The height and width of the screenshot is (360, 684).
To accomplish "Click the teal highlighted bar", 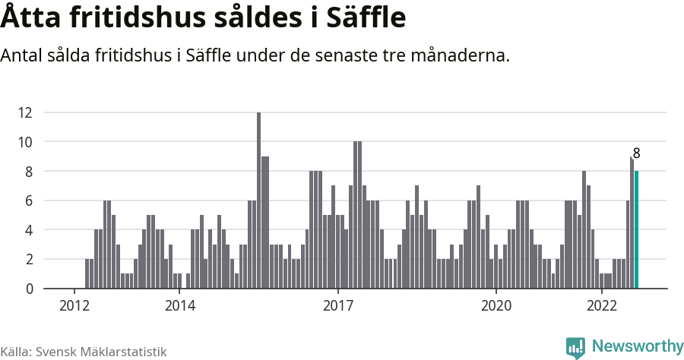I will (x=637, y=230).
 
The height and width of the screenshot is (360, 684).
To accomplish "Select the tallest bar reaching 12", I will (x=258, y=201).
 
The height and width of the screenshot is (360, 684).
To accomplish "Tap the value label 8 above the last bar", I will (x=636, y=153).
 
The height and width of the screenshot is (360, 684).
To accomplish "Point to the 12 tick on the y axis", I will (x=25, y=112).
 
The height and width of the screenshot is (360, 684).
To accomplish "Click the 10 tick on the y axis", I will (x=25, y=142).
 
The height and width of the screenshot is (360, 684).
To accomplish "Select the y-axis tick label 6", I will (x=28, y=201).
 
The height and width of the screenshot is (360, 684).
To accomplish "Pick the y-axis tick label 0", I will (x=28, y=289).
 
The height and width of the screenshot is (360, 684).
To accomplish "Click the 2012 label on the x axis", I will (x=74, y=306).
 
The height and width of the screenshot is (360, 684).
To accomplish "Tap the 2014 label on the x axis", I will (x=179, y=306).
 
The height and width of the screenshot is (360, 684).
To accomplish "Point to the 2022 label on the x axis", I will (x=601, y=306).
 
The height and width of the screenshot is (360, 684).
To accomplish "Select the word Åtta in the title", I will (x=33, y=17).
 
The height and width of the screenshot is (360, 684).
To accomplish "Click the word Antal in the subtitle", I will (x=22, y=55).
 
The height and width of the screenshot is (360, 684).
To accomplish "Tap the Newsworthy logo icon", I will (x=575, y=347).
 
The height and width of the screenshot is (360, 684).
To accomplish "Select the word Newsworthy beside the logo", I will (x=637, y=346).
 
